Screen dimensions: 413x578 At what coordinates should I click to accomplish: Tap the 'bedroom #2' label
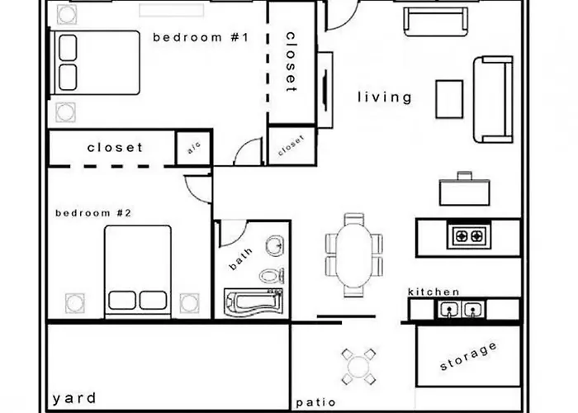click(93, 213)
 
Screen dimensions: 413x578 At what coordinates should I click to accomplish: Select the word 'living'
click(384, 97)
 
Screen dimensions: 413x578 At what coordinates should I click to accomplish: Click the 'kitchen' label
click(433, 292)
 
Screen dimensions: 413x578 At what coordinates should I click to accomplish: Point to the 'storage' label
click(468, 355)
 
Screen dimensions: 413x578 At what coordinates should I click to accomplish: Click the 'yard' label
click(75, 398)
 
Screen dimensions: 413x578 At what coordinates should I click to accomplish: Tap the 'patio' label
click(315, 403)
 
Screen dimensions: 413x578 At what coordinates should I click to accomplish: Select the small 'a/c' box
click(194, 149)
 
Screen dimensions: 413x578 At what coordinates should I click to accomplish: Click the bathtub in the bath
click(252, 301)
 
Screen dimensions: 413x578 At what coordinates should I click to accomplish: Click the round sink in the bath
click(273, 246)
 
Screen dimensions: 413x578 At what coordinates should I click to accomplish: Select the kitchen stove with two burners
click(468, 236)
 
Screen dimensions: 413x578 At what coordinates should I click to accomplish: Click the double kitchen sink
click(460, 311)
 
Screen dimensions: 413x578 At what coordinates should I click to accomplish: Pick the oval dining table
click(353, 255)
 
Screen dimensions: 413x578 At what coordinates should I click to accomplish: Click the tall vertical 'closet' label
click(291, 61)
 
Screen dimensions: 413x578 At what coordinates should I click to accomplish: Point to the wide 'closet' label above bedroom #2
click(115, 148)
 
